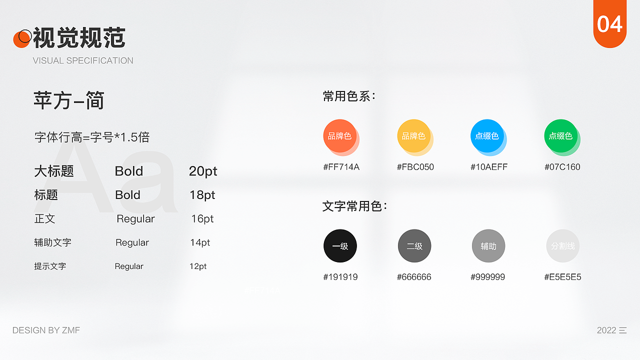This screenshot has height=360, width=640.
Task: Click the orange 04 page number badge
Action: [x=609, y=23]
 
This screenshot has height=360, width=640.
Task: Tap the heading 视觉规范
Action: [x=79, y=38]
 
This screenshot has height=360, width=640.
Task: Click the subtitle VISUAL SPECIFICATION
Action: [x=83, y=60]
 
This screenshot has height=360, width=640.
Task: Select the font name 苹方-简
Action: [x=69, y=101]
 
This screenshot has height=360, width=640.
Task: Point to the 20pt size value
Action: [x=203, y=171]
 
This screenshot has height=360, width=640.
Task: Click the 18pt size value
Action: [x=202, y=195]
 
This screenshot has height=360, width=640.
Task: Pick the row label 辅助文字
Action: [x=52, y=242]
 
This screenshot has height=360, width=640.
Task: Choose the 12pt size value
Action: [x=198, y=266]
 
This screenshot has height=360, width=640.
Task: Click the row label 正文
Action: [x=44, y=218]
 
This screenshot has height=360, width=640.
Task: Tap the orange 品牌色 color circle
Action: [x=340, y=135]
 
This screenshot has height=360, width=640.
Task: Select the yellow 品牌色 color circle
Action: [x=413, y=135]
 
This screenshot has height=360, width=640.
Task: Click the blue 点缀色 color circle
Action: [x=487, y=135]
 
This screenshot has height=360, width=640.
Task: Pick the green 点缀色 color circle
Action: [x=560, y=135]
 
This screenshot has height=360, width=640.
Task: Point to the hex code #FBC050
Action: [x=415, y=167]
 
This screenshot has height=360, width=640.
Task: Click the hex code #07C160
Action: [x=562, y=167]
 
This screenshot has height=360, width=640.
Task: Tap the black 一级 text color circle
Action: [x=340, y=246]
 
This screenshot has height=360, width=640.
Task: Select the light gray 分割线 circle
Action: [x=563, y=246]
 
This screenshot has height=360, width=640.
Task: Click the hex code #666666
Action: [x=414, y=277]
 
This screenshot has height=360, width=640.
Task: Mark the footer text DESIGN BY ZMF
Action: [x=46, y=330]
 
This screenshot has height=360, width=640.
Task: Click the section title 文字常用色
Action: [x=354, y=206]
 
